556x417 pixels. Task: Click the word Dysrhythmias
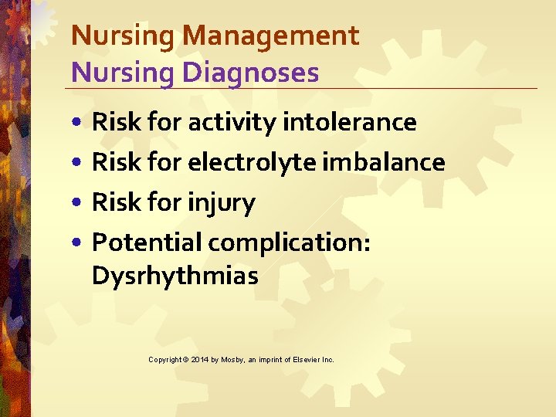175,276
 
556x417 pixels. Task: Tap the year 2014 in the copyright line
199,360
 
